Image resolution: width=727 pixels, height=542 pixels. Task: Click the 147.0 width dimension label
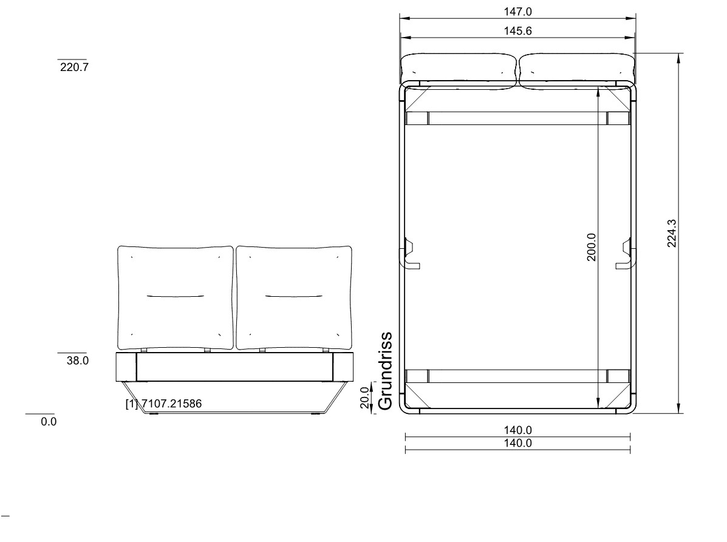pyautogui.click(x=517, y=12)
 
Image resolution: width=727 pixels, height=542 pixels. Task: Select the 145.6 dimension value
pyautogui.click(x=517, y=31)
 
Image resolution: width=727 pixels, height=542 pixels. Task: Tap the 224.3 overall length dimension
pyautogui.click(x=672, y=234)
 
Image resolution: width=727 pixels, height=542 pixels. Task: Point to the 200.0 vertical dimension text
pyautogui.click(x=591, y=248)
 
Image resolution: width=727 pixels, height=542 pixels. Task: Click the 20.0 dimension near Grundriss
pyautogui.click(x=366, y=398)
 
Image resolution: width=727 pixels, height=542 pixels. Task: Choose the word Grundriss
pyautogui.click(x=385, y=371)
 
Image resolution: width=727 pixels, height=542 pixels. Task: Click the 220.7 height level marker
pyautogui.click(x=74, y=67)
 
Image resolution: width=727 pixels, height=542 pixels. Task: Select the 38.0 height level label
pyautogui.click(x=77, y=361)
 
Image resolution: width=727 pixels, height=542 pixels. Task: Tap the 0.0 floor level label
pyautogui.click(x=49, y=422)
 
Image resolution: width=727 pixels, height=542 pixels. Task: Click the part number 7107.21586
pyautogui.click(x=171, y=404)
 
